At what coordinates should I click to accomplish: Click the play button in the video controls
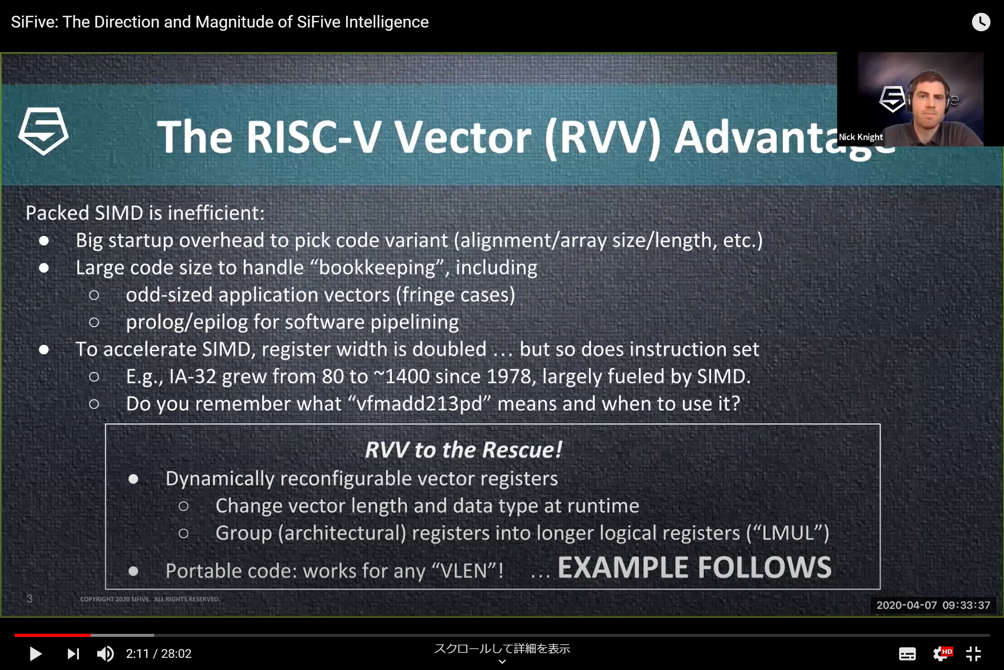[36, 653]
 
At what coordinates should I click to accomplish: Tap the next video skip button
[73, 653]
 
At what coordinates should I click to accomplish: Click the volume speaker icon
[105, 653]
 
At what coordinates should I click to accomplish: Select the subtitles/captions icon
[907, 653]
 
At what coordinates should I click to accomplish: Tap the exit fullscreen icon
[974, 653]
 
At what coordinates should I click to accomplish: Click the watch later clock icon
[981, 22]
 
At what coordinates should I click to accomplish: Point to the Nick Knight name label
[860, 137]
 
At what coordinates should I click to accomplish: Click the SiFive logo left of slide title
[43, 131]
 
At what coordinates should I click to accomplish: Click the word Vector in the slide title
[462, 137]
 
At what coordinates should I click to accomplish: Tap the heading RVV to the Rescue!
[463, 450]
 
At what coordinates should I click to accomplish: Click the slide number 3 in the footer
[29, 598]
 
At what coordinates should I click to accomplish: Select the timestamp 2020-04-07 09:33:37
[933, 605]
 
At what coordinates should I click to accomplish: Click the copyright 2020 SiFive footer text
[150, 599]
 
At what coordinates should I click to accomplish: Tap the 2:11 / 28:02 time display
[159, 653]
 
